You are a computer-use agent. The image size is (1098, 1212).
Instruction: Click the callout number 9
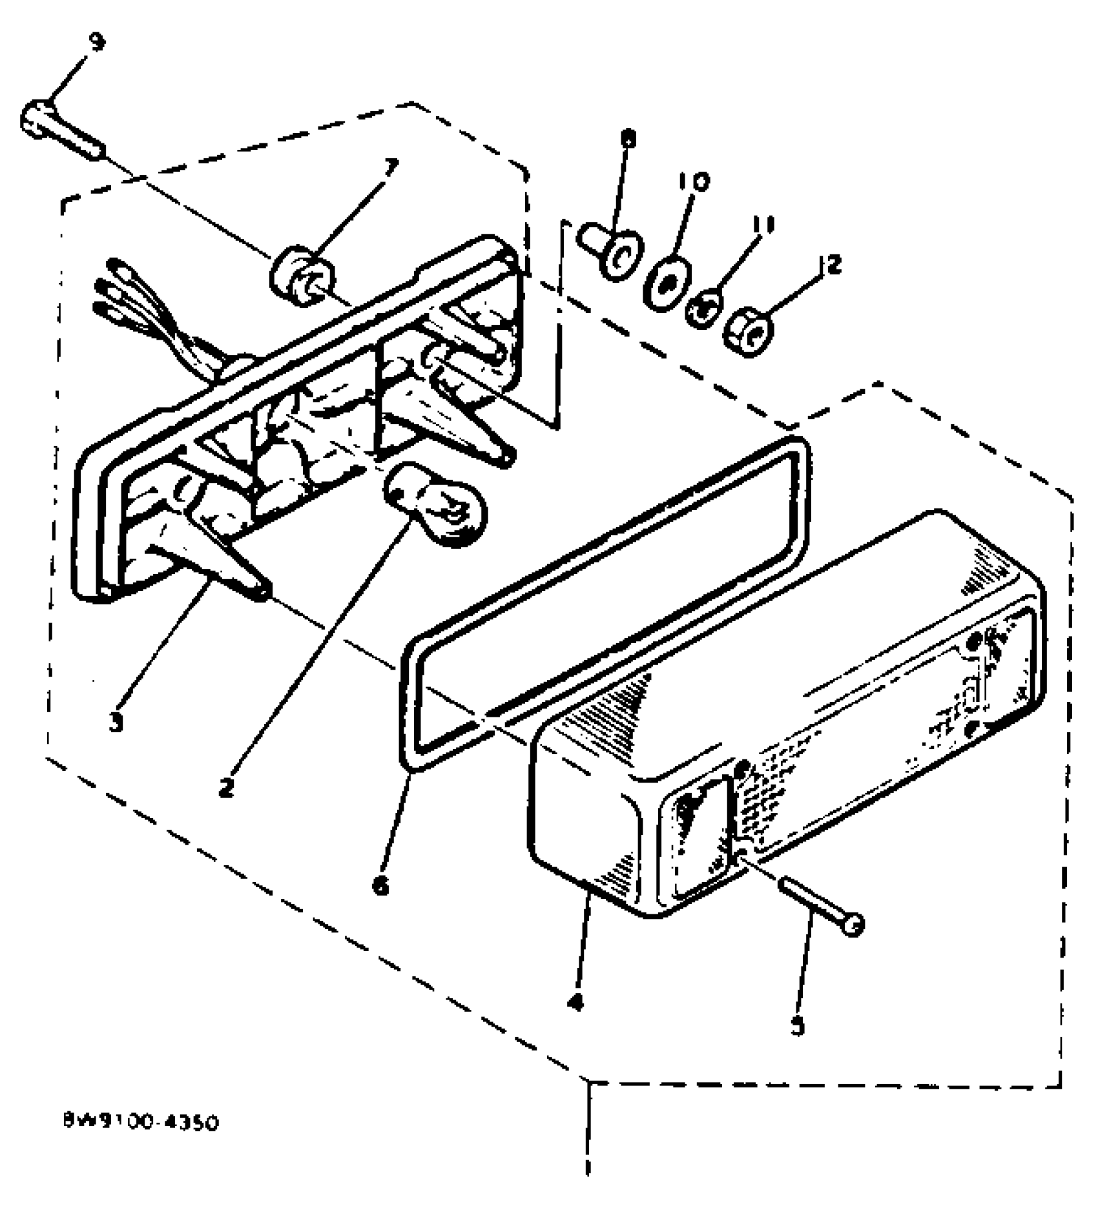(96, 44)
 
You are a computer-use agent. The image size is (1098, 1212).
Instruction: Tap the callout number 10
(692, 181)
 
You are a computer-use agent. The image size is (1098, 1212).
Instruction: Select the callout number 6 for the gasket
(380, 886)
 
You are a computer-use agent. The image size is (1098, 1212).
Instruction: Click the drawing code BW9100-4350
(141, 1122)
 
